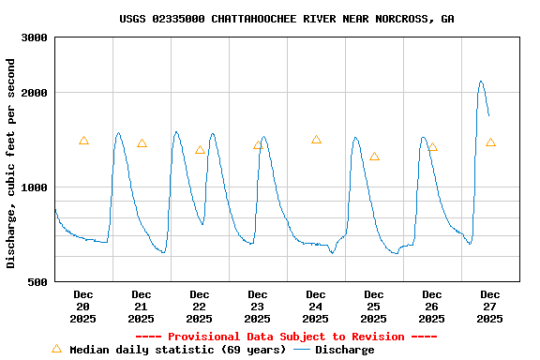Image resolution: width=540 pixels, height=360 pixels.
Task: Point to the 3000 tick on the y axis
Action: click(x=36, y=37)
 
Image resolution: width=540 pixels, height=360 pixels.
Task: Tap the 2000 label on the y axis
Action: click(x=36, y=93)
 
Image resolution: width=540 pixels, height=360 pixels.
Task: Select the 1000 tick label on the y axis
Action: click(x=36, y=187)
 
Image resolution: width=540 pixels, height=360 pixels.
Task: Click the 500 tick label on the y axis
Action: click(x=38, y=281)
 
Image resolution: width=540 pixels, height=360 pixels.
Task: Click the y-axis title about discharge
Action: click(x=11, y=163)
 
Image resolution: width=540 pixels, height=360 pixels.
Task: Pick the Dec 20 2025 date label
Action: click(x=83, y=307)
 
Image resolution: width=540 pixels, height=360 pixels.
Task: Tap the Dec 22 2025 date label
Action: click(x=200, y=307)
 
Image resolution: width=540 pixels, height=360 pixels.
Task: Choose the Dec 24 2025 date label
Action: click(x=316, y=307)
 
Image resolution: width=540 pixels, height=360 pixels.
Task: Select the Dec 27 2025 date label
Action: click(x=490, y=307)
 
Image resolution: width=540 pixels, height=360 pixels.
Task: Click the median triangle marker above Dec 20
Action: click(x=83, y=141)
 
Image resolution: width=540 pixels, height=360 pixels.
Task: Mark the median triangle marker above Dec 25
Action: click(x=374, y=157)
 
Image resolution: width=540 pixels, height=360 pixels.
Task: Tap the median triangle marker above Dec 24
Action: click(x=316, y=140)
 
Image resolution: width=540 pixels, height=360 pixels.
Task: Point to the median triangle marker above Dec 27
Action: click(x=490, y=142)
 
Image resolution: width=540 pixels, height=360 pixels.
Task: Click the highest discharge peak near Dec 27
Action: click(x=481, y=82)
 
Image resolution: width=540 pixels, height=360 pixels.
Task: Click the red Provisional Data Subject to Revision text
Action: click(x=287, y=337)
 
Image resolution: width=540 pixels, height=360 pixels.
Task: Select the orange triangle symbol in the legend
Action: click(x=56, y=349)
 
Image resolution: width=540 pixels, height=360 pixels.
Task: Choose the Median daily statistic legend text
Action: click(x=178, y=350)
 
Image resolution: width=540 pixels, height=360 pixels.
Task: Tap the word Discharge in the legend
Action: click(x=345, y=350)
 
